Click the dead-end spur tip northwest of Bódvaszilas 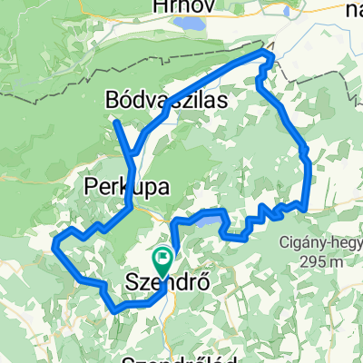(x=116, y=121)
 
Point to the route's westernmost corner (x=55, y=243)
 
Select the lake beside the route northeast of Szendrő (x=206, y=219)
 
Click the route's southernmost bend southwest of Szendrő (x=116, y=310)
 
